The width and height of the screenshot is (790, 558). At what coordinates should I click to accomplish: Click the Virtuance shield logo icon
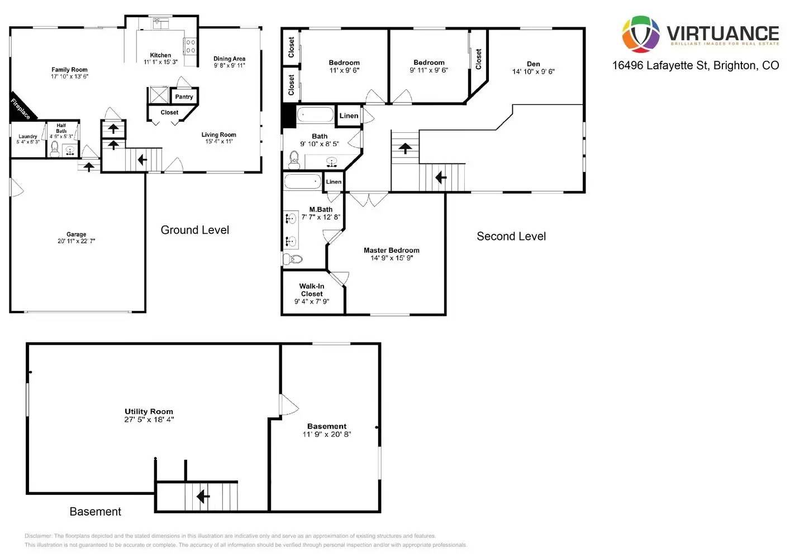tap(641, 34)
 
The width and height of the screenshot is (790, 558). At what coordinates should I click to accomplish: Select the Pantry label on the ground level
tap(184, 97)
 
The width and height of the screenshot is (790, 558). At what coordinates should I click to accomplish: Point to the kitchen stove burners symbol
tap(191, 46)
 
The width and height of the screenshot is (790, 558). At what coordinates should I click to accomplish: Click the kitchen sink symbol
tap(161, 23)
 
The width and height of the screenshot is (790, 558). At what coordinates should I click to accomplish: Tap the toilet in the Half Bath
tap(55, 148)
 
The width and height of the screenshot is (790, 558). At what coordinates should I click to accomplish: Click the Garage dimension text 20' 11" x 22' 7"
tap(76, 241)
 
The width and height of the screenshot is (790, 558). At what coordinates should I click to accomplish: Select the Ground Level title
tap(194, 230)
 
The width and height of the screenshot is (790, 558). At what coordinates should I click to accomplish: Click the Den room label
tap(533, 64)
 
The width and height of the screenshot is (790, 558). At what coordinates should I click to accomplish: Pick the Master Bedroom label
tap(391, 251)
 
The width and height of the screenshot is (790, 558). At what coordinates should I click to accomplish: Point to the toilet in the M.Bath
tap(293, 259)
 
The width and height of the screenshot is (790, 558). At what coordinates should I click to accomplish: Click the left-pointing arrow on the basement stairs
tap(203, 496)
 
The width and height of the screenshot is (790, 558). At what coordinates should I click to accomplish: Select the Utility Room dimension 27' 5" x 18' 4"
tap(149, 420)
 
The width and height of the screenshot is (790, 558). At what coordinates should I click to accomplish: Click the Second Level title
tap(511, 236)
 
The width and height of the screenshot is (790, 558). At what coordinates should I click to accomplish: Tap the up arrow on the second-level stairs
tap(405, 148)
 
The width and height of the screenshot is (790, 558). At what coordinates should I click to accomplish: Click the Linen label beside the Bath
tap(349, 116)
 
